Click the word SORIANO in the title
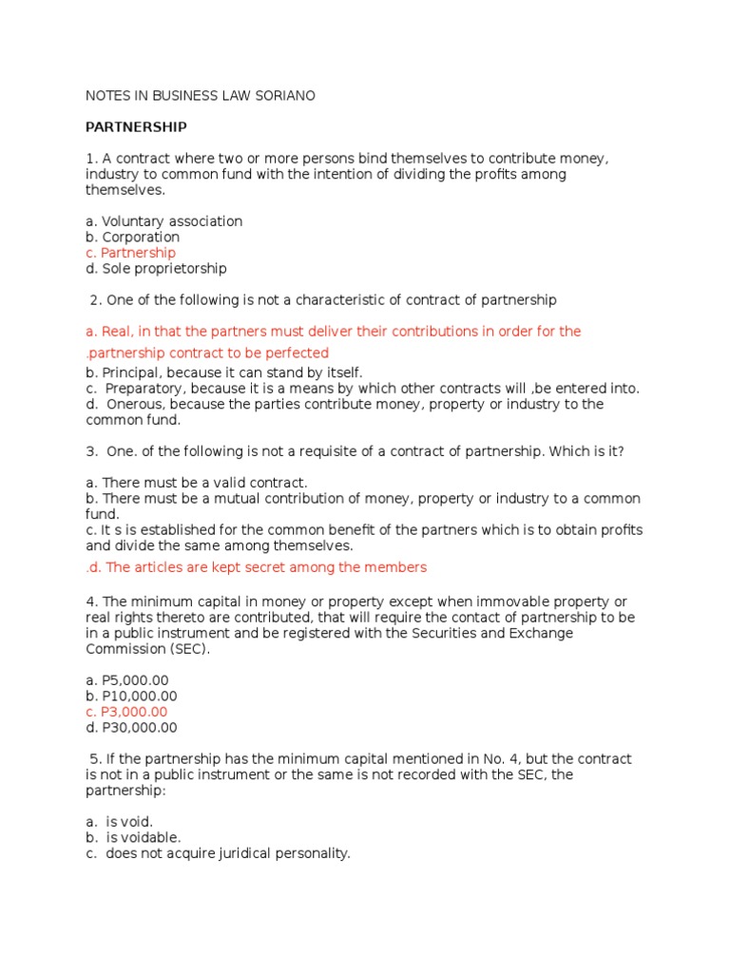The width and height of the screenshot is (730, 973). click(x=282, y=96)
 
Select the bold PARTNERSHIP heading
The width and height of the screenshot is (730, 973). click(x=136, y=127)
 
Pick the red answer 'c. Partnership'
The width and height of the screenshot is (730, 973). click(x=130, y=253)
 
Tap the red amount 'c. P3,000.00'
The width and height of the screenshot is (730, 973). click(x=126, y=713)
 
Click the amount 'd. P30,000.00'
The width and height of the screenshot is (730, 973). click(x=130, y=728)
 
